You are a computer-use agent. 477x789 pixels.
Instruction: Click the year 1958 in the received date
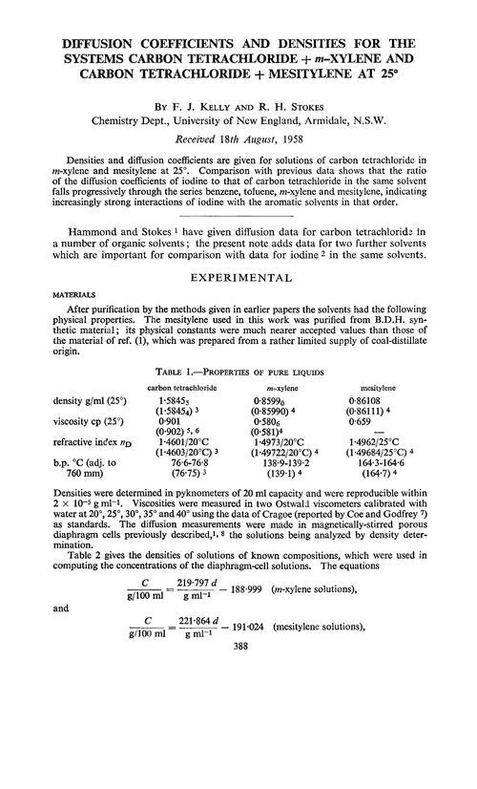click(x=278, y=134)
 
